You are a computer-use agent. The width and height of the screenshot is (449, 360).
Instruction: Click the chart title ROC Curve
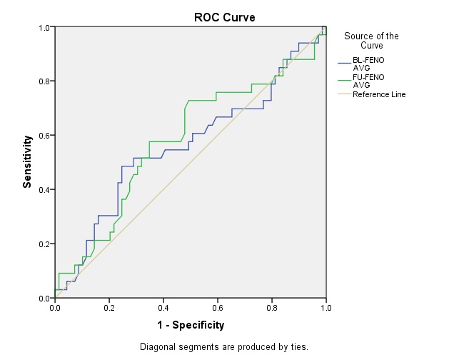click(224, 17)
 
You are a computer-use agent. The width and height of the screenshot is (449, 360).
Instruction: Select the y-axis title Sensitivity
click(27, 161)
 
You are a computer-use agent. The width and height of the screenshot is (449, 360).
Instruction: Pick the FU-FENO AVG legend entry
click(368, 81)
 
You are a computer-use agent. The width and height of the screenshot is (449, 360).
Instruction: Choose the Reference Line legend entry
click(379, 94)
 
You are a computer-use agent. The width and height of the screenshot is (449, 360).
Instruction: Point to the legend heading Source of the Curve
click(371, 41)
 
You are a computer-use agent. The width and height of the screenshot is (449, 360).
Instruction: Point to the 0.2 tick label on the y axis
click(44, 244)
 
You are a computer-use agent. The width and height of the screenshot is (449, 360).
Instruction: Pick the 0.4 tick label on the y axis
click(44, 190)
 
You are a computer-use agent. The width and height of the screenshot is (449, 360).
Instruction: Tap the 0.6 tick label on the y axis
click(44, 136)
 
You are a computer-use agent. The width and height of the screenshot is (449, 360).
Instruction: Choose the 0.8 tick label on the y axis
click(44, 81)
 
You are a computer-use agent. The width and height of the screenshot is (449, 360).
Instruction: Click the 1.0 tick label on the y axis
click(44, 28)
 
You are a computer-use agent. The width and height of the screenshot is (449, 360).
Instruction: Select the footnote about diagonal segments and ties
click(224, 347)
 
